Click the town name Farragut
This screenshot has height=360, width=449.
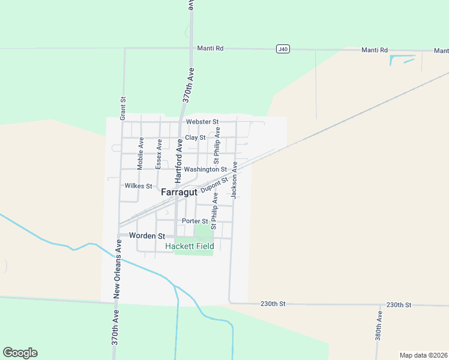point(179,193)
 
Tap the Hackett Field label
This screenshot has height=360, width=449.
point(190,246)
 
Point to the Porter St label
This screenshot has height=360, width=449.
point(194,221)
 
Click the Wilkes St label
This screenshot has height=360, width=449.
point(138,186)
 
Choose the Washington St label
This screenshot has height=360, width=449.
point(205,170)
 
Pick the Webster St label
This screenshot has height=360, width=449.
point(201,122)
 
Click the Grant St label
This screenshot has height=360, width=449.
point(122,108)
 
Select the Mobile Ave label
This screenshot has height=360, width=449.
point(140,154)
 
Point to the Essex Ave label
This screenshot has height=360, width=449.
point(159,154)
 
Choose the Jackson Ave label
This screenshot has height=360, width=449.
point(235,180)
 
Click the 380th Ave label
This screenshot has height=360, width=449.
point(379,325)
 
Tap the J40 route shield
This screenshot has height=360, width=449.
point(283,49)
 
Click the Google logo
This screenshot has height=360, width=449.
point(20,353)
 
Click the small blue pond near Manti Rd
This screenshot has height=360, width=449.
point(400,59)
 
